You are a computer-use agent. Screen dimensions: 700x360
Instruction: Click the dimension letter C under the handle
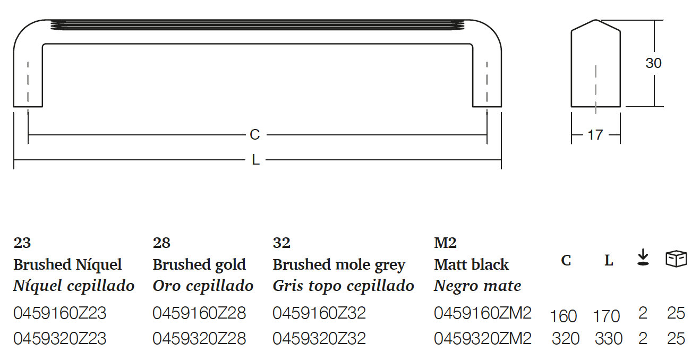255,135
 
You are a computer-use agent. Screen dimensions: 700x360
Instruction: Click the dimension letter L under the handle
255,160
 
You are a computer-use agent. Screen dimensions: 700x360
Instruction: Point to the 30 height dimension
653,63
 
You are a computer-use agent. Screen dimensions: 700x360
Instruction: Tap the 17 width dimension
595,135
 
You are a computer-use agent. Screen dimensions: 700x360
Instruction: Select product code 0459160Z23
59,313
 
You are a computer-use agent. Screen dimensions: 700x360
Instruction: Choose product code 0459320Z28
199,338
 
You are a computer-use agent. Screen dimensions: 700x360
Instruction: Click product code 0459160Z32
319,313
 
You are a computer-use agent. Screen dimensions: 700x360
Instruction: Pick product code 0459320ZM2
482,338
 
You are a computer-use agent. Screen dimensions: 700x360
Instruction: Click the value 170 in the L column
606,316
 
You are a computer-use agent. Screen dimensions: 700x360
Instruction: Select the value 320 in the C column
566,338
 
